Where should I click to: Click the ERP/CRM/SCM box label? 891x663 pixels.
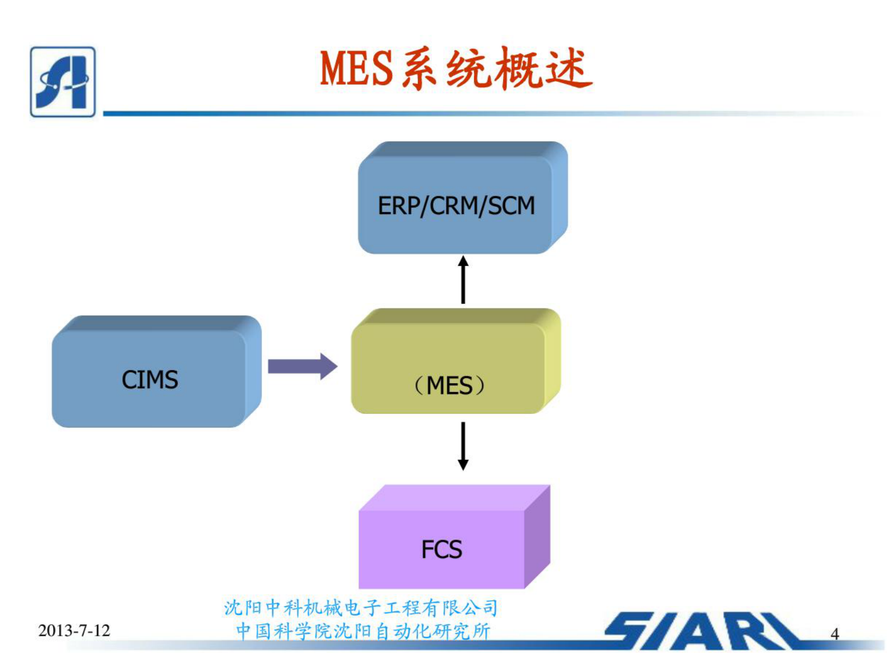(x=456, y=206)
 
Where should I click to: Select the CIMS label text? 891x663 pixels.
(x=150, y=380)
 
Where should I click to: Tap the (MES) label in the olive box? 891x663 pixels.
(x=449, y=386)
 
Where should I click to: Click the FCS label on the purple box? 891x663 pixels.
(x=442, y=549)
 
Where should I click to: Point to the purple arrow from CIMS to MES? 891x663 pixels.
(x=298, y=366)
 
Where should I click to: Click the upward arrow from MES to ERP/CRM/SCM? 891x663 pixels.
(x=463, y=280)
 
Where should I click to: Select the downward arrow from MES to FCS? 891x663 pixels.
(x=463, y=445)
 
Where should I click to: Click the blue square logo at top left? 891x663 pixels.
(x=63, y=82)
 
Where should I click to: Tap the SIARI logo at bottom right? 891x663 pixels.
(x=702, y=631)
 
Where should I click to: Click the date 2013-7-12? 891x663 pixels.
(x=74, y=630)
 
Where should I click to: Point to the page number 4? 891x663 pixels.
(x=834, y=634)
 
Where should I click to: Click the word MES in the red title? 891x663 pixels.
(x=356, y=69)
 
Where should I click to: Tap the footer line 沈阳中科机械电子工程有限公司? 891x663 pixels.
(x=361, y=607)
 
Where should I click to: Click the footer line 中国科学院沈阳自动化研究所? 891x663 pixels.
(x=363, y=631)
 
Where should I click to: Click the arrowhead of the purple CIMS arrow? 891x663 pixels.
(x=328, y=366)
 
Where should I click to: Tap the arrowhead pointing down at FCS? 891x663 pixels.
(x=463, y=464)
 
